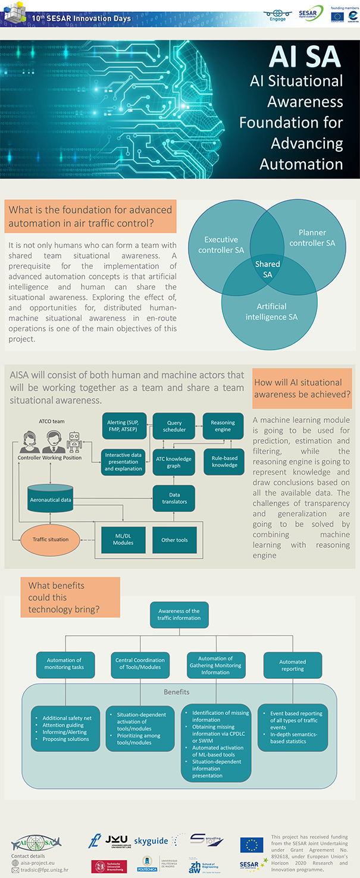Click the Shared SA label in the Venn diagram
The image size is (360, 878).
pos(268,269)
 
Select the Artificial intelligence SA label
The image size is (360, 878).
pos(271,312)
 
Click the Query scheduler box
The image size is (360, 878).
pos(174,426)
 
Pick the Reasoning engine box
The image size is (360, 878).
pos(223,426)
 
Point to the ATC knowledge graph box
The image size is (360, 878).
pos(174,461)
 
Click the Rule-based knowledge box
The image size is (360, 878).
pos(224,461)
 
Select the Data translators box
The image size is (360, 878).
pos(174,498)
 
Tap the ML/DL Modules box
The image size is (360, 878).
pos(123,540)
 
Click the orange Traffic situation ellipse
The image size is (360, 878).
pos(50,540)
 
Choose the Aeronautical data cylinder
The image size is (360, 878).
pos(51,499)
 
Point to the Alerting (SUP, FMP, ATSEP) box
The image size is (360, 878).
pos(123,426)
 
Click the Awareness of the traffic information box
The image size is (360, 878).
pos(179,614)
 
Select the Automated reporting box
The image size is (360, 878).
pos(292,665)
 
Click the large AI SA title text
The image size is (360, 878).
pos(304,57)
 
